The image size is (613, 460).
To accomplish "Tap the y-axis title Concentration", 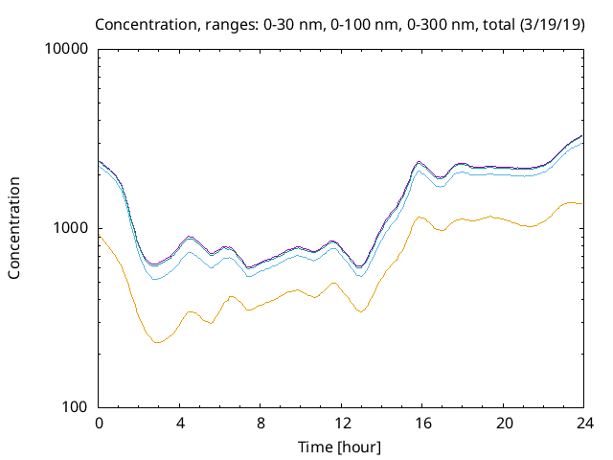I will coord(14,227).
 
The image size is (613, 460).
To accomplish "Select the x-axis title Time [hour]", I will coord(340,447).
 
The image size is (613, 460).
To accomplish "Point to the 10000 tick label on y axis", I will coord(67,49).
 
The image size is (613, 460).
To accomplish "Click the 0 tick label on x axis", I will coord(99,423).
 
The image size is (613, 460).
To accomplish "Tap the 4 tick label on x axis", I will coord(179,423).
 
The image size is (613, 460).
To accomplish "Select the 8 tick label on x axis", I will coord(260,423).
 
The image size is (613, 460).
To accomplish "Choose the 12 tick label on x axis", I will coord(340,423).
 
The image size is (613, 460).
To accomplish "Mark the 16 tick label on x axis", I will coord(420,423).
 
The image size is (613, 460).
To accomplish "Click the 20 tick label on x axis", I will coord(501,423).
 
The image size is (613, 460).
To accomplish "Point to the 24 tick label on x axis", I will coord(581,423).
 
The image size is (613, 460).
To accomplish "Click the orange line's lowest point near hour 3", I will coord(157,342).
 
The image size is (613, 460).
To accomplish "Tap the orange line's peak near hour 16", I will coord(420,217).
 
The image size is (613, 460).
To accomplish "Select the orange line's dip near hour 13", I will coord(360,311).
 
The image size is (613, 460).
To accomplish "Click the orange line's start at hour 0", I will coord(100,235).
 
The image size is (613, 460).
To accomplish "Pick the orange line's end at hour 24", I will coord(581,203).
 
